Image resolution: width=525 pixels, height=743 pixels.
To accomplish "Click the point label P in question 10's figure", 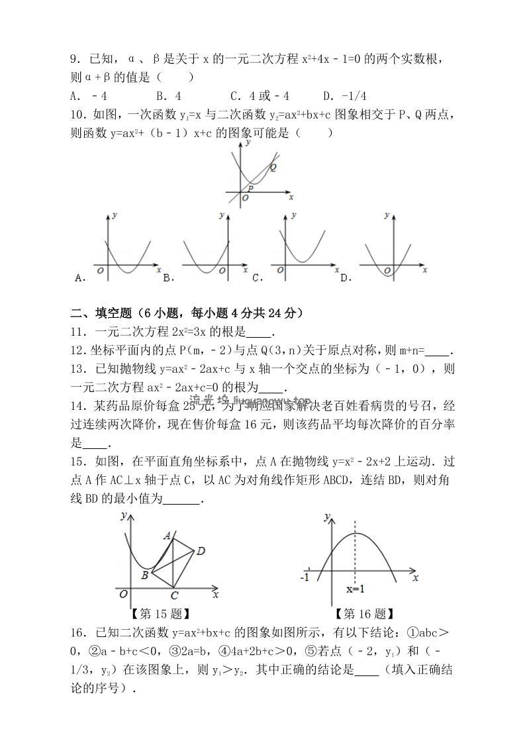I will pyautogui.click(x=251, y=188).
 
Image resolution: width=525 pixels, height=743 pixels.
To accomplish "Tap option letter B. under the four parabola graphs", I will pyautogui.click(x=168, y=278).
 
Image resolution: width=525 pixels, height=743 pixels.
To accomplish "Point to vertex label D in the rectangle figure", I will pyautogui.click(x=201, y=550).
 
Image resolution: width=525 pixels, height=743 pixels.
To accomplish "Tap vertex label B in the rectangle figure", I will pyautogui.click(x=144, y=575).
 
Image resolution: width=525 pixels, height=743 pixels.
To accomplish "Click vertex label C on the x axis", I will pyautogui.click(x=174, y=595).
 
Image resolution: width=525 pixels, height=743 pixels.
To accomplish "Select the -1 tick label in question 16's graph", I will pyautogui.click(x=305, y=577).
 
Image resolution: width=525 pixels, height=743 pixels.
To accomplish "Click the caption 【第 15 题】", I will pyautogui.click(x=162, y=614).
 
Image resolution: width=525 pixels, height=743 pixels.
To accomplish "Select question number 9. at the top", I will pyautogui.click(x=76, y=60).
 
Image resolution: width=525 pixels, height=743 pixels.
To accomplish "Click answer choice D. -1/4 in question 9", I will pyautogui.click(x=344, y=95).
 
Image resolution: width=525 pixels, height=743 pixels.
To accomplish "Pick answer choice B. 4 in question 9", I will pyautogui.click(x=169, y=95).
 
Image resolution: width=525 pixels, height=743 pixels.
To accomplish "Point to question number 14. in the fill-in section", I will pyautogui.click(x=78, y=405).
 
